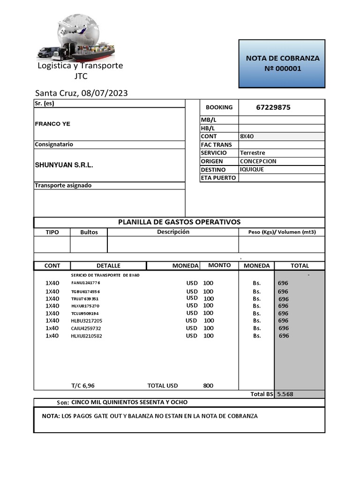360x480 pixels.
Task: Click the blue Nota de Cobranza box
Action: click(282, 64)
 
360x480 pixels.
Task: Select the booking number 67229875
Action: click(273, 107)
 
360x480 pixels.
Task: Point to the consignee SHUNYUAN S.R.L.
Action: click(64, 165)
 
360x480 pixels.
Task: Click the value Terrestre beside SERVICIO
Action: click(252, 153)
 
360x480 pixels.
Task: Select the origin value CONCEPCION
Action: click(258, 161)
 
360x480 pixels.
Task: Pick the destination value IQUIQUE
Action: click(252, 169)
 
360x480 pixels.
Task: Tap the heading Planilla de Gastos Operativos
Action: click(179, 222)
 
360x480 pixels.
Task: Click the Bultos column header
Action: click(89, 232)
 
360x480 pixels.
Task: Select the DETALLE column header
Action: click(108, 265)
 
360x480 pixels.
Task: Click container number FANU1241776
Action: click(85, 283)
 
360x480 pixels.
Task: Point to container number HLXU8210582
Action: click(86, 336)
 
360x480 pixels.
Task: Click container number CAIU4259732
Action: click(86, 328)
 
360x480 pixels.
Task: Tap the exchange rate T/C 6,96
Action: click(82, 385)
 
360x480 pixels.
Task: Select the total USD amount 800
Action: click(208, 385)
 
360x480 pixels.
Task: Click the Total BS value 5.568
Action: click(285, 394)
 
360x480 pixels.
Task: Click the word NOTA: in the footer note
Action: click(51, 416)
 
